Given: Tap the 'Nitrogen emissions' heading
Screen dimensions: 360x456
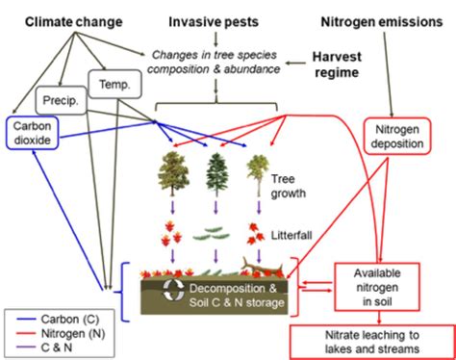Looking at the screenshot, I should [379, 19].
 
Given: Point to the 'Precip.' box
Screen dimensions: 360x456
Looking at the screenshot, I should [59, 99].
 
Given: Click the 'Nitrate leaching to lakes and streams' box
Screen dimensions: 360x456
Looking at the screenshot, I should [370, 342].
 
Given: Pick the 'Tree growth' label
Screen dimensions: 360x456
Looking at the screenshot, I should [290, 185].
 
